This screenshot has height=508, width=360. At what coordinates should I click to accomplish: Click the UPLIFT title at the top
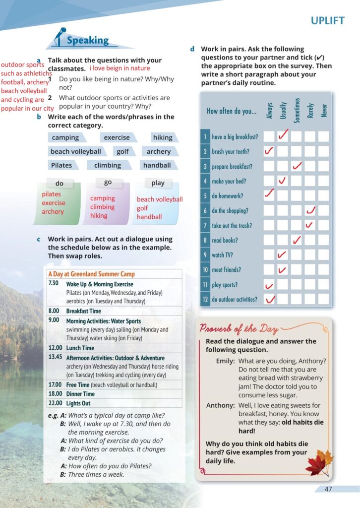pos(327,21)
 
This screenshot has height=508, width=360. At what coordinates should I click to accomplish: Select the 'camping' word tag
pos(65,137)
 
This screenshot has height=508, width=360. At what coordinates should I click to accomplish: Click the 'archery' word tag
pos(159,151)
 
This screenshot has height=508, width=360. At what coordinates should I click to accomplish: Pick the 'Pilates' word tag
pos(61,165)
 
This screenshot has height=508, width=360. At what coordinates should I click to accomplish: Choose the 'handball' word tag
pos(157,165)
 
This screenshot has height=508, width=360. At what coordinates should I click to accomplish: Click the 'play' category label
pos(158,183)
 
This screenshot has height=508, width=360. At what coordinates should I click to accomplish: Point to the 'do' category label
pos(60,184)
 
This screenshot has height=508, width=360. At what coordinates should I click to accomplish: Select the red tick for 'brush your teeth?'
pos(269,151)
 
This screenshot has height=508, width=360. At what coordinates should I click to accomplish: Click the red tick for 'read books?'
pos(297,240)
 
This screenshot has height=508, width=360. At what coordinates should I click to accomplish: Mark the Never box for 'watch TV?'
pos(323,255)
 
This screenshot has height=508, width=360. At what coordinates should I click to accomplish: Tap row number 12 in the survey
pos(205,299)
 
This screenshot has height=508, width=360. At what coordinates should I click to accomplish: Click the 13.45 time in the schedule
pos(55,357)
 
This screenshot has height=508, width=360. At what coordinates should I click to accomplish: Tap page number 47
pos(328,489)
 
